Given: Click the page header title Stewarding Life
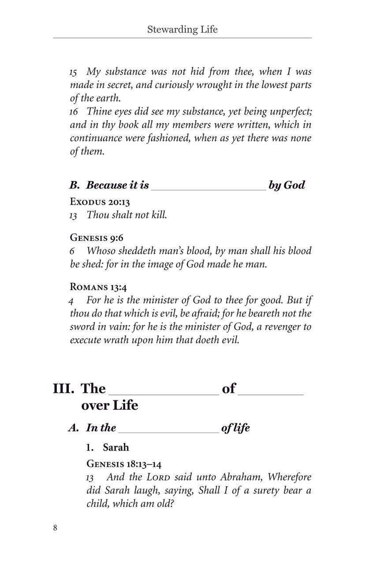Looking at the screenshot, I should pos(182,30).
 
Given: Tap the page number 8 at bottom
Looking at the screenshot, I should pos(55,528).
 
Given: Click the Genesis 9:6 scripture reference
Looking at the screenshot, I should pos(97,237).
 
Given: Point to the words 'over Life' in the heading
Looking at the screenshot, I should pos(110,405).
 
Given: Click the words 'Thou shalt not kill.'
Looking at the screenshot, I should pos(127,215).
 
